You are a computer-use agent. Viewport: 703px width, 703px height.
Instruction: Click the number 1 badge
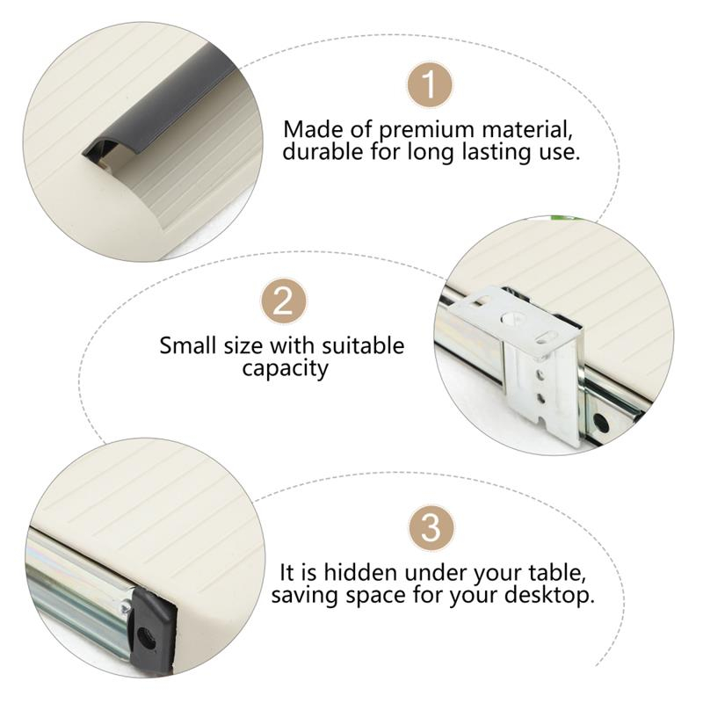tap(430, 84)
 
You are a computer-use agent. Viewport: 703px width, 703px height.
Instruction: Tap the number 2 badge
tap(284, 301)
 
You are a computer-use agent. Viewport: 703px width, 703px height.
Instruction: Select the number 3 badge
tap(431, 527)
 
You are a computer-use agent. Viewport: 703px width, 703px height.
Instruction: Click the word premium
tap(426, 131)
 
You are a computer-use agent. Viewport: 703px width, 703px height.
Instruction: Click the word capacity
tap(285, 369)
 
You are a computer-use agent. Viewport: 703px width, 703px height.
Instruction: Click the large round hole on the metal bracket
tap(515, 319)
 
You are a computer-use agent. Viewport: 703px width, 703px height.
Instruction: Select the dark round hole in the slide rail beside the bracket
tap(599, 423)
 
